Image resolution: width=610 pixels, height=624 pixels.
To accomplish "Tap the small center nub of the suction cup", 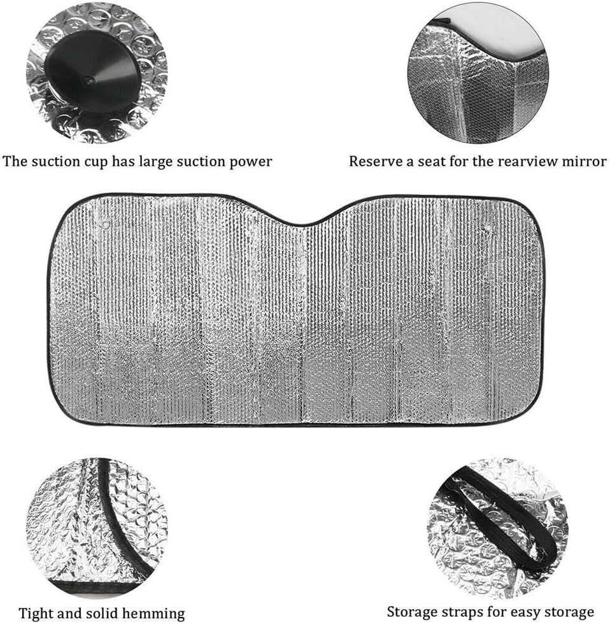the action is point(89,81).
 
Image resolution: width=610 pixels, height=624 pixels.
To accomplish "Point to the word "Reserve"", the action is point(375,161).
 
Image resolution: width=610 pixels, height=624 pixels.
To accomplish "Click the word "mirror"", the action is point(584,161).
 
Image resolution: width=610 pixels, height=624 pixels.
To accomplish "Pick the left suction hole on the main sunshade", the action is point(105,224).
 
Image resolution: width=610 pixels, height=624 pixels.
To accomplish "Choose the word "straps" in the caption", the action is point(466,612).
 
